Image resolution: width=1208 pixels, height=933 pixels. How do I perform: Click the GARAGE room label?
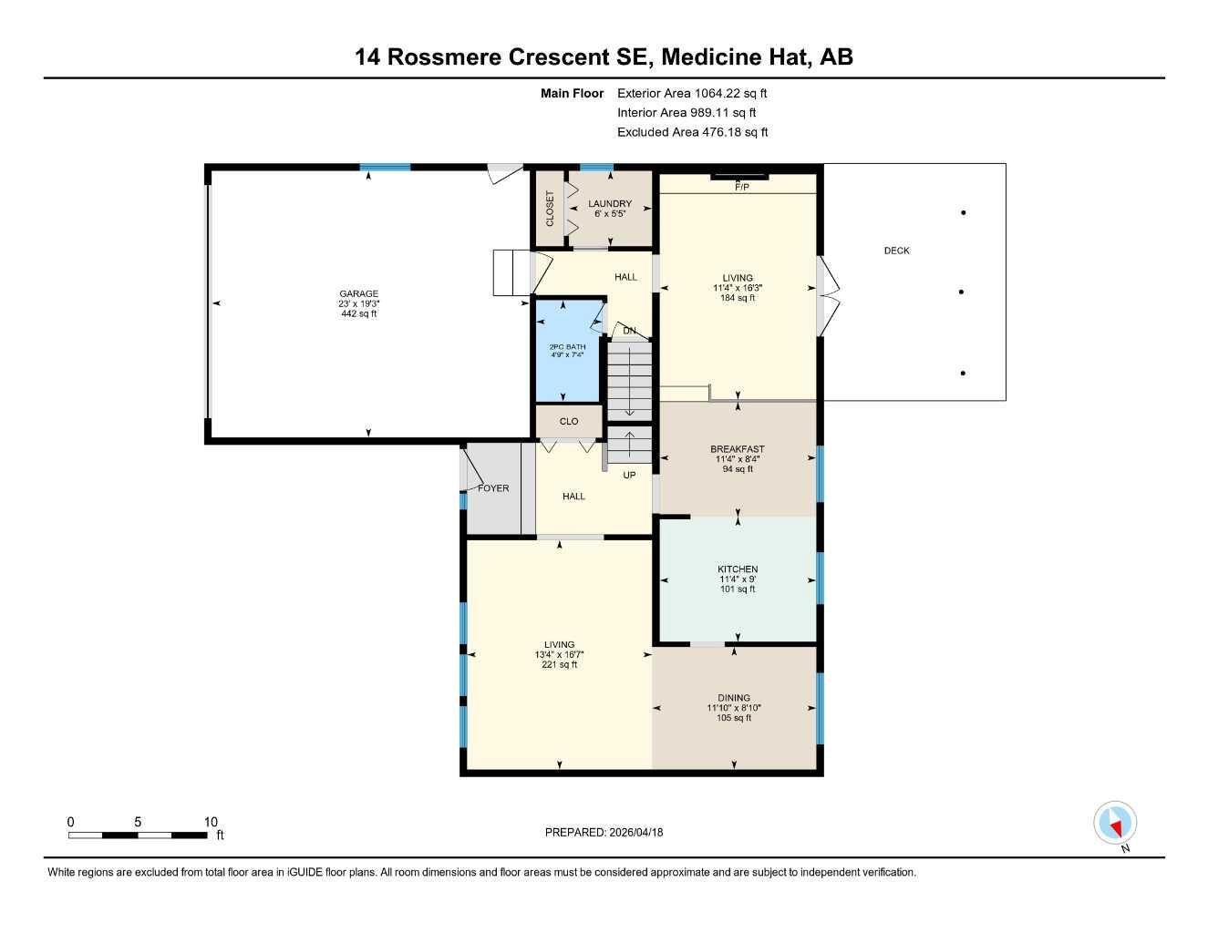click(358, 294)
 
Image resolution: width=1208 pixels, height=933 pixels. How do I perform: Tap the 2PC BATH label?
click(567, 346)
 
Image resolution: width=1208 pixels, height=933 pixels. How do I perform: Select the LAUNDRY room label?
click(610, 204)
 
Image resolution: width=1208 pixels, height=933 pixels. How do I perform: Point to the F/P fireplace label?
click(741, 188)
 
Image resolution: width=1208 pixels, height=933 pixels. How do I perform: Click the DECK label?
click(896, 251)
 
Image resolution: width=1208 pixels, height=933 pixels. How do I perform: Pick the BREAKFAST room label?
click(737, 449)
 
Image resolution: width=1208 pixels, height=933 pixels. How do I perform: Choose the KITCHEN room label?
click(737, 569)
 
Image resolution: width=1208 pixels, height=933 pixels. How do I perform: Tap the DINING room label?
click(734, 698)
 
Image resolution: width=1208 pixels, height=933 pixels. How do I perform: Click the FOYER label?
click(493, 488)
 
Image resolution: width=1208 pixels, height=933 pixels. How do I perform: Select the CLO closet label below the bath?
click(569, 422)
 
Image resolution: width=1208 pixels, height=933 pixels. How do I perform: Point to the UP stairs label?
click(629, 475)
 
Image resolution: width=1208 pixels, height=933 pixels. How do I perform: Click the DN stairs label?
click(629, 331)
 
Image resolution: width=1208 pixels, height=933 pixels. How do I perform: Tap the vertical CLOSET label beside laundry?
click(550, 209)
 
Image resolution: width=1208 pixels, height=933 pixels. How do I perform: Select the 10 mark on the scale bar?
click(211, 822)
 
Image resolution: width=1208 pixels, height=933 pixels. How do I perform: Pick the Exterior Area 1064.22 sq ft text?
click(692, 93)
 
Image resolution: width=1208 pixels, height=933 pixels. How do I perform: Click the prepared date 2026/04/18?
click(636, 832)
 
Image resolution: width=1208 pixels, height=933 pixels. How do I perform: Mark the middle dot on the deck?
click(963, 292)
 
